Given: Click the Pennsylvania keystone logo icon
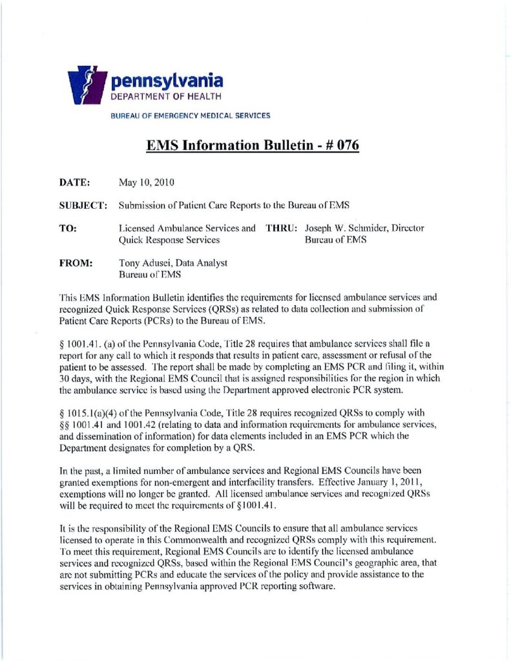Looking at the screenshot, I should pos(87,83).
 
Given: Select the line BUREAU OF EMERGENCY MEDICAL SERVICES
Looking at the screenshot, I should pos(191,116).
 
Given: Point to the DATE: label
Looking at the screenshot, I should pos(75,183).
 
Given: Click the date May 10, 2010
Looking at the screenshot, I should pos(147,183).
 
